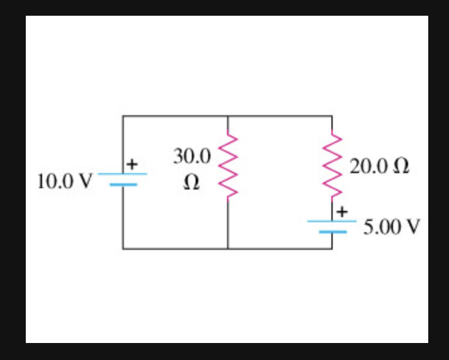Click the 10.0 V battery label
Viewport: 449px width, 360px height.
(64, 182)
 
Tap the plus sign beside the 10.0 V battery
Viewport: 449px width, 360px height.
(131, 164)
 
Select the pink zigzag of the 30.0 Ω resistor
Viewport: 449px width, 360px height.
(228, 166)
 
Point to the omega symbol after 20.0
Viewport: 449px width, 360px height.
(400, 167)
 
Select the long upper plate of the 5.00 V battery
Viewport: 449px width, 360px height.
(332, 222)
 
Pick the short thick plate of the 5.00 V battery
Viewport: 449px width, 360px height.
(332, 232)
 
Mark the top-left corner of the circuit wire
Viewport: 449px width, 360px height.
(123, 116)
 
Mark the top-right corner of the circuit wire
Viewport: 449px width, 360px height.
(332, 116)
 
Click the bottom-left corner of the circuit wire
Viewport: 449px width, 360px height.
(123, 249)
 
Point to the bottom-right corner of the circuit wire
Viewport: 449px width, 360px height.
(332, 249)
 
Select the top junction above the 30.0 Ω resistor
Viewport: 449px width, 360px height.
(228, 116)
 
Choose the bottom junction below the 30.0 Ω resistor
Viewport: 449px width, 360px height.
(228, 249)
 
